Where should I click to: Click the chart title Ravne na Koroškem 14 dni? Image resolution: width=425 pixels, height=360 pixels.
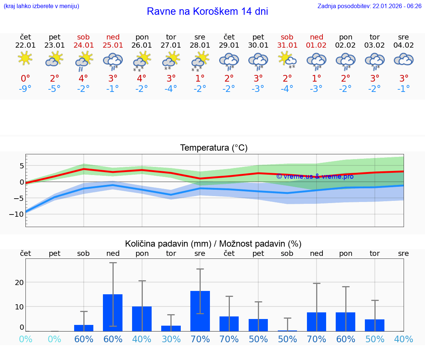pos(207,11)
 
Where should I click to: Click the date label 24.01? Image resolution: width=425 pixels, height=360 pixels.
pos(83,45)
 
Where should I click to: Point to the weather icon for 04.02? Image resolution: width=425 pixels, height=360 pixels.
pos(404,59)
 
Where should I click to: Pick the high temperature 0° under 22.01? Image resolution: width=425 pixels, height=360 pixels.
pos(25,79)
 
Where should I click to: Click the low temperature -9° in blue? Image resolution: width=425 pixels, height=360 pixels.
pos(25,89)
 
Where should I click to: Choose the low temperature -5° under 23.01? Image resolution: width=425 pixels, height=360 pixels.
pos(54,89)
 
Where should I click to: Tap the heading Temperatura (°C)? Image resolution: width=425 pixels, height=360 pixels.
pos(214,148)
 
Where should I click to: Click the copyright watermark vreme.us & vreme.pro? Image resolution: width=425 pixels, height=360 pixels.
pos(315,176)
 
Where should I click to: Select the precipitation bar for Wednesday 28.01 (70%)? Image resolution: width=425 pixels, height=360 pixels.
pos(200,311)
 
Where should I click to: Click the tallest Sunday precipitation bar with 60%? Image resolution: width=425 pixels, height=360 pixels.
pos(113,312)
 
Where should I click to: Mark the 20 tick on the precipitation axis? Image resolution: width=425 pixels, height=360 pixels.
pos(19,282)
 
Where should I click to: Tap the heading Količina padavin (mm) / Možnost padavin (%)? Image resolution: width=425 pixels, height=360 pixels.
pos(213,244)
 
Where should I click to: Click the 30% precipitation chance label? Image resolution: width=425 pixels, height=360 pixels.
pos(171,339)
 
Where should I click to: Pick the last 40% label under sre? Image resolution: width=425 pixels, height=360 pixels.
pos(404,339)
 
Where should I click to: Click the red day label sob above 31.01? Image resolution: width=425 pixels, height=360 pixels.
pos(287,37)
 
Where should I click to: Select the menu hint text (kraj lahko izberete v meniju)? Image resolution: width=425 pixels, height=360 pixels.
pos(41,6)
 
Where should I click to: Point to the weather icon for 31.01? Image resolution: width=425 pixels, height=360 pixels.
pos(287,59)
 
